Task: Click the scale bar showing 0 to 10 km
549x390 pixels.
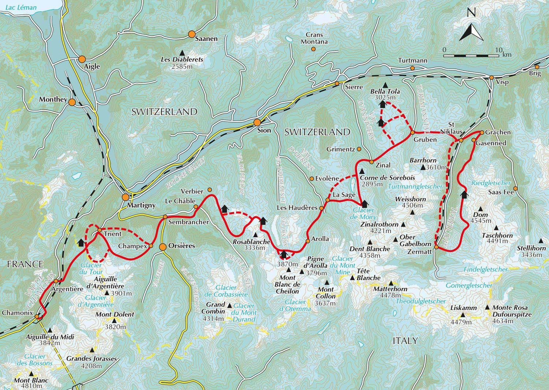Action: point(471,56)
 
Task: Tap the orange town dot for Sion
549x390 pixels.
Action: point(257,122)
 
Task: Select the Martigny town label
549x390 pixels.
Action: point(141,205)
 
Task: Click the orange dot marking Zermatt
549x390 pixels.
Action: point(436,248)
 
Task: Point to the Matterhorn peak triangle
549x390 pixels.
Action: point(391,283)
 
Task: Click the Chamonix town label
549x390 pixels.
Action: point(17,313)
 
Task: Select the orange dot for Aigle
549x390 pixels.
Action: point(82,59)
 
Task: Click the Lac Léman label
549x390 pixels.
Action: point(21,7)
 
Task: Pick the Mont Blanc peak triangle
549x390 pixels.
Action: point(31,374)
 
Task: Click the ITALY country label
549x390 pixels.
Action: point(405,341)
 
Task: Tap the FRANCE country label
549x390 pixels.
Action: point(25,264)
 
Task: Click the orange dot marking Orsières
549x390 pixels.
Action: point(163,247)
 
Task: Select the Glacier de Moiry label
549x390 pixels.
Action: point(363,213)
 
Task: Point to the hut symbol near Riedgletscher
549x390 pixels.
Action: point(464,194)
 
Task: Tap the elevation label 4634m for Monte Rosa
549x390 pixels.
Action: point(503,321)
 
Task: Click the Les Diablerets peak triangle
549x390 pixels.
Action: point(182,53)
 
